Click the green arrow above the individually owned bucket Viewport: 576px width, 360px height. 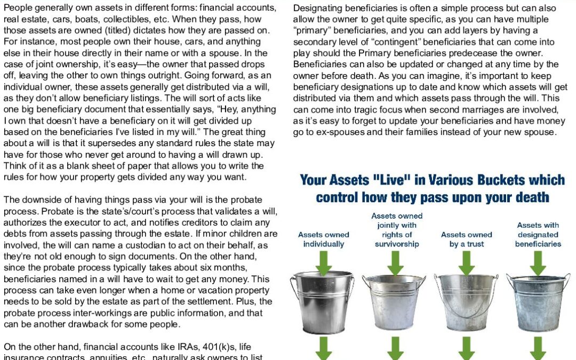click(x=324, y=262)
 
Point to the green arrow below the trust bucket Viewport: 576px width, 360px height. click(x=466, y=348)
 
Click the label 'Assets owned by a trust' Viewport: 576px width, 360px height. click(x=467, y=239)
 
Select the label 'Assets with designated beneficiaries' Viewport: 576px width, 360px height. click(x=538, y=234)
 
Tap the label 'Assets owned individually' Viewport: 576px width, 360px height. click(x=324, y=239)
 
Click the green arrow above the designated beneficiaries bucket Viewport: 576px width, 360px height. click(x=538, y=262)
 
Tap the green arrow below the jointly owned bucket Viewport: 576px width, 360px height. click(x=395, y=348)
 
